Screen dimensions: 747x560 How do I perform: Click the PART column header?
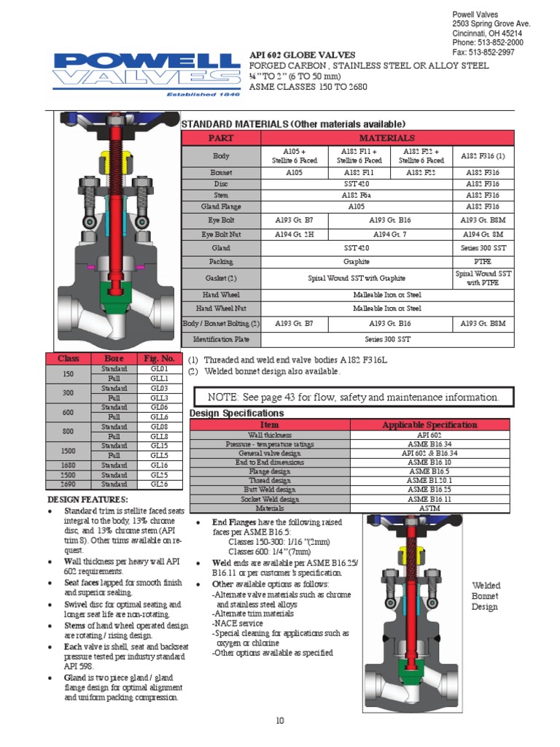click(220, 138)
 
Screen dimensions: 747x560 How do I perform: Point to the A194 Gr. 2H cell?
click(294, 234)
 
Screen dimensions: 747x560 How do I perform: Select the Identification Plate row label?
click(220, 339)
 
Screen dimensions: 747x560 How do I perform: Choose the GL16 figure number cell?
click(159, 465)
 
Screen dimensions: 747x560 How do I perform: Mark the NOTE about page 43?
click(352, 398)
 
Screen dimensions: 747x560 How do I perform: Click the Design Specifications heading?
click(237, 414)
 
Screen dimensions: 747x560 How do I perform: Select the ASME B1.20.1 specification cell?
click(431, 481)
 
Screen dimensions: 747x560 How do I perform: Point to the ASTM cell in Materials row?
click(431, 508)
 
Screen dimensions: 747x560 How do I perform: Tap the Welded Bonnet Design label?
click(486, 596)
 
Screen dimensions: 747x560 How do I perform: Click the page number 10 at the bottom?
click(279, 721)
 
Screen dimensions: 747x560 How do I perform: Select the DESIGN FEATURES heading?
click(87, 499)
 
